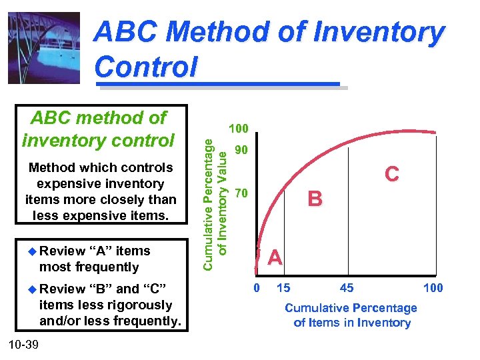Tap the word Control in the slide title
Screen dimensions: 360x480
(x=146, y=67)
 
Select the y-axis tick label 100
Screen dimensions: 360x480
(x=238, y=128)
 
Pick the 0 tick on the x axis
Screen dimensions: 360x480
(x=257, y=288)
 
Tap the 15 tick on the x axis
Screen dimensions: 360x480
(x=283, y=288)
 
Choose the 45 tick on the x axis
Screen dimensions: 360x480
(x=347, y=288)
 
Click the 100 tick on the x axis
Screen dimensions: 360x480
(x=432, y=288)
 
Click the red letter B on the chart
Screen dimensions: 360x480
(x=315, y=199)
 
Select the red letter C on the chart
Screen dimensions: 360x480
(x=391, y=174)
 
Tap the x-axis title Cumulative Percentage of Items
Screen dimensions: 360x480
(x=351, y=315)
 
